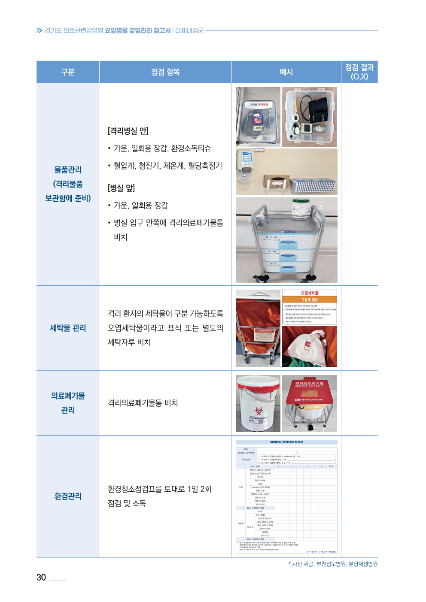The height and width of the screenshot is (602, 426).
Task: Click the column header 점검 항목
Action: [165, 72]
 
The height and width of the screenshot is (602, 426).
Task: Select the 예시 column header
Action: [286, 72]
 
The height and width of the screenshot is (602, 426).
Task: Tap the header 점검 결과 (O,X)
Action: [359, 72]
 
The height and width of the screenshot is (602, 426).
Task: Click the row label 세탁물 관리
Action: [68, 328]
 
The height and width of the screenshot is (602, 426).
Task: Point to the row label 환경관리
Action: [68, 496]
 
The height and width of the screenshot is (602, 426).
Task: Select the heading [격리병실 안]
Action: [128, 131]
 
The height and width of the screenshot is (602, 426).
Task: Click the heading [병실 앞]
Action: [121, 188]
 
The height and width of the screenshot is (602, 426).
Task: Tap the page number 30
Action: [41, 578]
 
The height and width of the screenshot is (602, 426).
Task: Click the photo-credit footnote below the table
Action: [333, 564]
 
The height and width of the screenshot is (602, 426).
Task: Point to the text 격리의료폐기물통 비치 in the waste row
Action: [143, 403]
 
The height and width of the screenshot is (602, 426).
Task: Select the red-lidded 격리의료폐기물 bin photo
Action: [310, 403]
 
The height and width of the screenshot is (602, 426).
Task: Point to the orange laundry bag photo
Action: [258, 328]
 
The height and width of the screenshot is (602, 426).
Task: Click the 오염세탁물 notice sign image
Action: [310, 307]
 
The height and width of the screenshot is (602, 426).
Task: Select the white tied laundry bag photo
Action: [310, 347]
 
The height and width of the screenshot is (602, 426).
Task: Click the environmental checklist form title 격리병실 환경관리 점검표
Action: [286, 442]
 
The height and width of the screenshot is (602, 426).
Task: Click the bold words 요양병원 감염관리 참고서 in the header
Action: [138, 30]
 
